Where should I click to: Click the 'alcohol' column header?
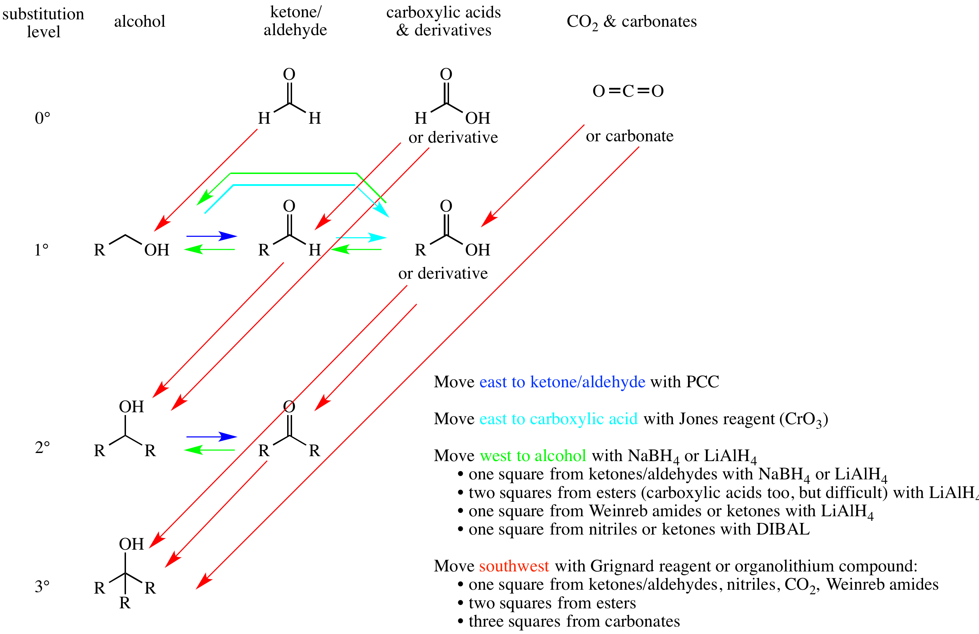pos(139,21)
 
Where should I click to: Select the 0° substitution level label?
pos(42,118)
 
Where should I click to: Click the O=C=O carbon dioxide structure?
pos(628,91)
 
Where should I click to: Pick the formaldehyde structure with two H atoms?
pos(289,97)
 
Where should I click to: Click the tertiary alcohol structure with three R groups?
pos(125,573)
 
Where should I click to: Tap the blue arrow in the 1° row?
pos(212,236)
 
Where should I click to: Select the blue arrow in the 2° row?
pos(212,437)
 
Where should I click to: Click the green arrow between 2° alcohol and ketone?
pos(209,450)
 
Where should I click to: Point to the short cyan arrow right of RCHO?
pos(361,238)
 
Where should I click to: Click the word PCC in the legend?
pos(702,382)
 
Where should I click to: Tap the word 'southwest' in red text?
pos(514,566)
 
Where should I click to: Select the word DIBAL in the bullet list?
pos(783,529)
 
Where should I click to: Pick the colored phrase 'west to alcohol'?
pos(533,456)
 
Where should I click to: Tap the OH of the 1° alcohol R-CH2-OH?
pos(157,250)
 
